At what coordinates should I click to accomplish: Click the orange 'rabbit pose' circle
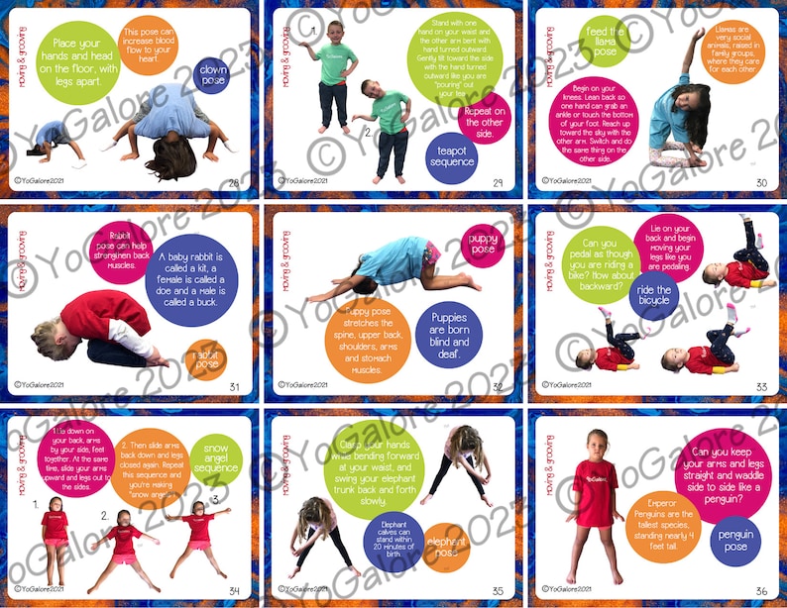pyautogui.click(x=205, y=358)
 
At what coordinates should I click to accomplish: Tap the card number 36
pyautogui.click(x=761, y=591)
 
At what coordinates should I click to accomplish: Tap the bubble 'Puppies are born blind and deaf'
pyautogui.click(x=449, y=337)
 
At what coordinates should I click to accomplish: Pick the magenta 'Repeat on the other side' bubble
pyautogui.click(x=484, y=117)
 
